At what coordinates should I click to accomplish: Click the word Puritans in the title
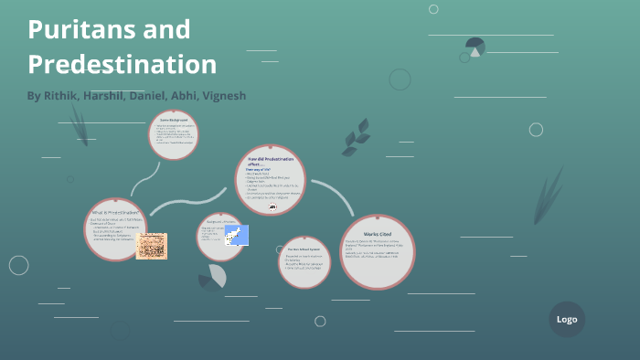79,29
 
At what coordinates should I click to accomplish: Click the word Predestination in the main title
122,64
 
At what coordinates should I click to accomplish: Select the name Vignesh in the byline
222,95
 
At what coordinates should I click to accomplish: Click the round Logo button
566,319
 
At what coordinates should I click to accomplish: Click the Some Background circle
173,134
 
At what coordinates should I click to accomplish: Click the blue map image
236,235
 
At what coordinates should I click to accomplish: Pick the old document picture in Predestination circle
151,246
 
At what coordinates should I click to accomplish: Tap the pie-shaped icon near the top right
475,47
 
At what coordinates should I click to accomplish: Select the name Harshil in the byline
102,95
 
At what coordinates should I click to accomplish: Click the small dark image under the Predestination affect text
272,207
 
